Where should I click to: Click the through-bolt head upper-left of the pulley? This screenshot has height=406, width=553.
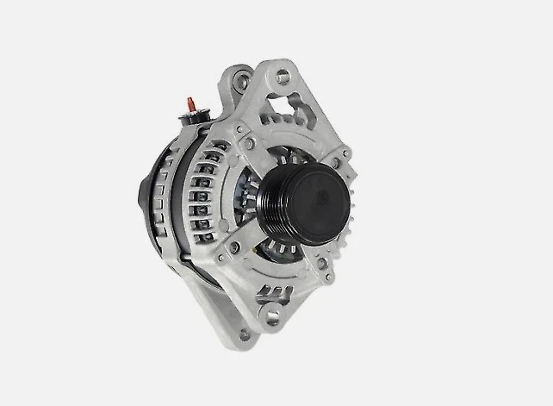(x=249, y=142)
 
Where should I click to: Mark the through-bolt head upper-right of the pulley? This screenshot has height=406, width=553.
(x=345, y=155)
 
